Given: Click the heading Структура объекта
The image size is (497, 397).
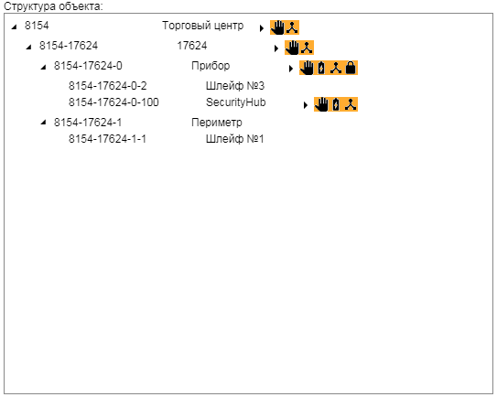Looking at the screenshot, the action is click(53, 6).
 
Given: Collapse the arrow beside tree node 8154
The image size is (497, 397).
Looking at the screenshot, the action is click(14, 27).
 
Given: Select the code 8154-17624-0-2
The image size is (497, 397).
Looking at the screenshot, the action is click(108, 86).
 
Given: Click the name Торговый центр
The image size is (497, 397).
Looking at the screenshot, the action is click(203, 26).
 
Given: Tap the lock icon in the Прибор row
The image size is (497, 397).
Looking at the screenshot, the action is click(351, 68).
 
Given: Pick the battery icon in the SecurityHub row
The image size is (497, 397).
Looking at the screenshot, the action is click(336, 104).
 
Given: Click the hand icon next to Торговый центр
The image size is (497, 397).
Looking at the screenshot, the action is click(277, 27).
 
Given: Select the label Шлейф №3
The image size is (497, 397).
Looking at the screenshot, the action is click(235, 86).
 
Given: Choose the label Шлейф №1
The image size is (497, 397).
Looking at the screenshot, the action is click(235, 139).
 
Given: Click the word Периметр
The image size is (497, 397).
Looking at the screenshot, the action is click(217, 123).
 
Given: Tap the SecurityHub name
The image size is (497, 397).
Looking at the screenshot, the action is click(236, 102).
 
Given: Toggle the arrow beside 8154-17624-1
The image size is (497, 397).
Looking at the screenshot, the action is click(43, 122).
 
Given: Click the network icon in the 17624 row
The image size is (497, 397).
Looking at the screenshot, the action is click(307, 48).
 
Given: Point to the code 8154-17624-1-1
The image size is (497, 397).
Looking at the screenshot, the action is click(107, 139).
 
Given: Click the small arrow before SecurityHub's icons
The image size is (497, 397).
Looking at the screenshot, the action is click(305, 105).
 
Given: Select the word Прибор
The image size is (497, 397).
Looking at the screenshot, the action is click(211, 66).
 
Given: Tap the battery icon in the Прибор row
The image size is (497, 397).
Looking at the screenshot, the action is click(321, 68).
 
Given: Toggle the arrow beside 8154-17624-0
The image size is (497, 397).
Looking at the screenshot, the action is click(43, 67).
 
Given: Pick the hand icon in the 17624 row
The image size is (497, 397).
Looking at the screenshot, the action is click(292, 48).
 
